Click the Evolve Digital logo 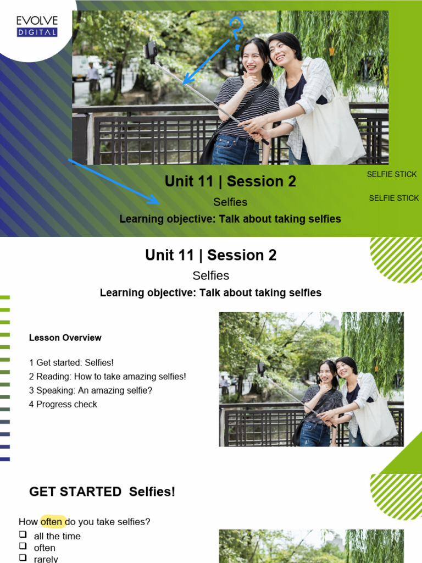point(37,26)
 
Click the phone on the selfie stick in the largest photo point(150,51)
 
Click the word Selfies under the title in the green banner point(230,202)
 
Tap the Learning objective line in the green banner point(230,219)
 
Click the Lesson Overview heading point(65,338)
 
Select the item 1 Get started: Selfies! point(71,363)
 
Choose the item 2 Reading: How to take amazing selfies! point(107,377)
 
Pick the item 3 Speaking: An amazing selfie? point(91,390)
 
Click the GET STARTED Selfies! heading point(102,492)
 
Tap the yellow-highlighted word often point(52,522)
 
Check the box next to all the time point(23,534)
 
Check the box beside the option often point(23,547)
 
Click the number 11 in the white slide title point(185,255)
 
